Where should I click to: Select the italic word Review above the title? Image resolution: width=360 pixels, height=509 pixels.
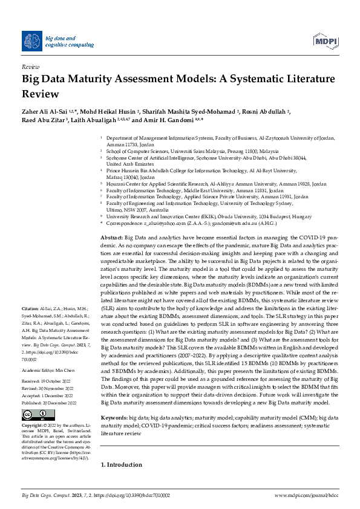coord(30,67)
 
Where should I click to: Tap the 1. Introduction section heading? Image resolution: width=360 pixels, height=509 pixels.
coord(121,464)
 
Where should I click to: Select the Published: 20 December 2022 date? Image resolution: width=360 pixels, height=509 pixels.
coord(48,384)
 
